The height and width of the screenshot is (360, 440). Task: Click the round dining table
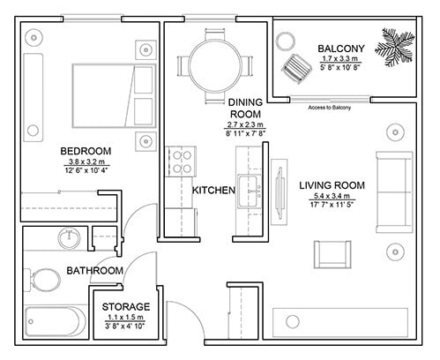pyautogui.click(x=215, y=66)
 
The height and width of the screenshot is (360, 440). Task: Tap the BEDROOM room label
pyautogui.click(x=86, y=151)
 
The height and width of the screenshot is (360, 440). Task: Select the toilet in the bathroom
pyautogui.click(x=43, y=281)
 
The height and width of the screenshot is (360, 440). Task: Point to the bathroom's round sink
pyautogui.click(x=69, y=238)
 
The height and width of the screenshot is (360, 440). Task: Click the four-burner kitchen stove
pyautogui.click(x=182, y=161)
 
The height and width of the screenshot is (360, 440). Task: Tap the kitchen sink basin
pyautogui.click(x=250, y=191)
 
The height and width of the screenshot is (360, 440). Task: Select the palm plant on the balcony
pyautogui.click(x=395, y=47)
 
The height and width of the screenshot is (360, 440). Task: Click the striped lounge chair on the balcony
pyautogui.click(x=297, y=69)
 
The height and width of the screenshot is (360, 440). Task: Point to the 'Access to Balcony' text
pyautogui.click(x=329, y=108)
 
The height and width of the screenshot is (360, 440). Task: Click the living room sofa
pyautogui.click(x=394, y=192)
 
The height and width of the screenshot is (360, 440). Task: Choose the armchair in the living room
pyautogui.click(x=332, y=254)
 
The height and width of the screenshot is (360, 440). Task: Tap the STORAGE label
pyautogui.click(x=126, y=307)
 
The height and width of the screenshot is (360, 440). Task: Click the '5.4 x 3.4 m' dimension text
pyautogui.click(x=332, y=196)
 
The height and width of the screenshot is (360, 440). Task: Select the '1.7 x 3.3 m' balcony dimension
pyautogui.click(x=340, y=58)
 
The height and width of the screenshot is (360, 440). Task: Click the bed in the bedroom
pyautogui.click(x=114, y=96)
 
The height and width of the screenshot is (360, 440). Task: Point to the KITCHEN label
pyautogui.click(x=213, y=191)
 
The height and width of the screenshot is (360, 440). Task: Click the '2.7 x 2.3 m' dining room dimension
pyautogui.click(x=245, y=124)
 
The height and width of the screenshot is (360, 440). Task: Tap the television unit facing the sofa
pyautogui.click(x=280, y=192)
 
